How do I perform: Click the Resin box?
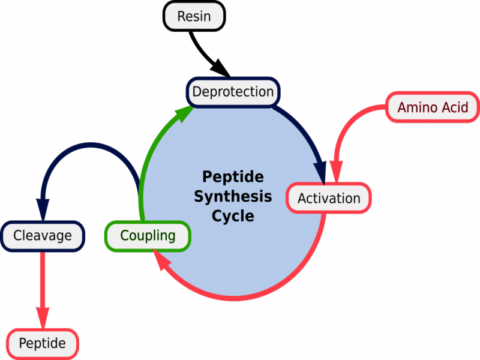point(194,16)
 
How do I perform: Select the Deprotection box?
point(233,92)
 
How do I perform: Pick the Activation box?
point(329,199)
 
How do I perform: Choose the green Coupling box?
point(148,235)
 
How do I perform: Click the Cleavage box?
point(43,235)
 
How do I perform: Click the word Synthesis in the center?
point(233,196)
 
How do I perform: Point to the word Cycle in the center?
point(233,215)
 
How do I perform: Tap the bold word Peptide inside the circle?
point(233,177)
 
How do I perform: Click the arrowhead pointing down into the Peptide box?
point(42,316)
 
